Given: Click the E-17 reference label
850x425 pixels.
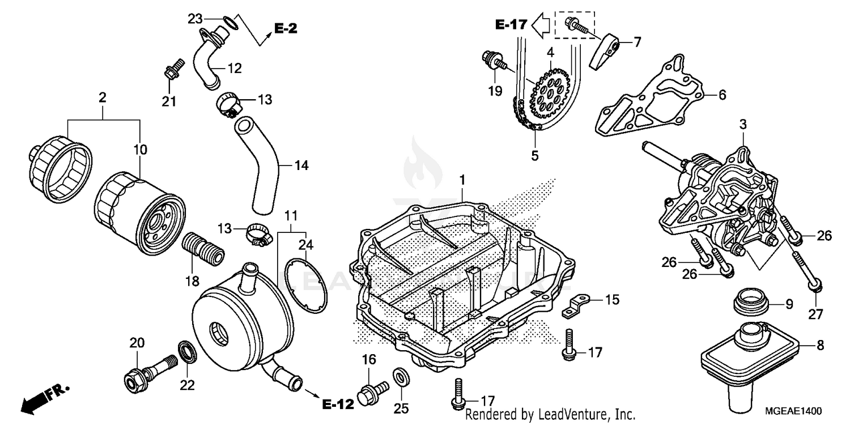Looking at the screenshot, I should [x=511, y=24].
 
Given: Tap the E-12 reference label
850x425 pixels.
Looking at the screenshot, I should [x=338, y=404].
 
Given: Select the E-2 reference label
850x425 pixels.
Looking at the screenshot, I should [x=286, y=28].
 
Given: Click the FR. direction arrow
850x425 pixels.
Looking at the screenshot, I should [x=42, y=398].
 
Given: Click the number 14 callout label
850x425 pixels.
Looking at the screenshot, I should [x=301, y=165].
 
